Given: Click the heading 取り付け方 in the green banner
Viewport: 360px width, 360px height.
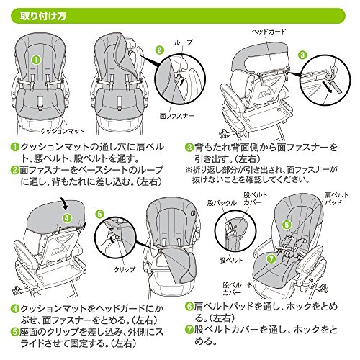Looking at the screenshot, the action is [42, 17].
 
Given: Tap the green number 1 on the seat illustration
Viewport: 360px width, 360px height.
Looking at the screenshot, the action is [36, 60].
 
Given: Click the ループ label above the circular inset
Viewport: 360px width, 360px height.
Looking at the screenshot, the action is [183, 42].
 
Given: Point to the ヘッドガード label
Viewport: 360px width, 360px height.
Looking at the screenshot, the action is [269, 32].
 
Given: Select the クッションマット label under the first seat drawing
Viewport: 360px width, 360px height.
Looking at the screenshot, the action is [62, 131].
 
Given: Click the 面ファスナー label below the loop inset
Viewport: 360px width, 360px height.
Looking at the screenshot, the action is [177, 116].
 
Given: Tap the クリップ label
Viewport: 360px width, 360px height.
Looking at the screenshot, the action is [125, 269].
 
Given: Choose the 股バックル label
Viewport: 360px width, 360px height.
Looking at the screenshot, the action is [222, 203].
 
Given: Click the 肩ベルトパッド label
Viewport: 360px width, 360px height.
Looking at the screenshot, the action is [336, 199].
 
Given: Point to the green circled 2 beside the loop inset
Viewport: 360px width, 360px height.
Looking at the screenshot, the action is [160, 50].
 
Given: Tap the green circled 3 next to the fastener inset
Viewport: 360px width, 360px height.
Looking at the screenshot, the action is [302, 55].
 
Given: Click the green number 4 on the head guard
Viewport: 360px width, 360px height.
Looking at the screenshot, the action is [67, 218].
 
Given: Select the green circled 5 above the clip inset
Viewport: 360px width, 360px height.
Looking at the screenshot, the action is [99, 214].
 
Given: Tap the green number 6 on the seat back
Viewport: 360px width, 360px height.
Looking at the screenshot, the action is [287, 225].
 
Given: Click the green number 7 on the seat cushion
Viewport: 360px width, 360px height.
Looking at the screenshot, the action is [271, 259].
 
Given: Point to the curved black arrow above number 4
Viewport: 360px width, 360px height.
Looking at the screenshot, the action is [64, 203].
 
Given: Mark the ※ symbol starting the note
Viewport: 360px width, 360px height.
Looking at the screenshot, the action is [189, 170].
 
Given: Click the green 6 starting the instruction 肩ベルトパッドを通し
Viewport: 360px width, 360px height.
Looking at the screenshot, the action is [189, 307].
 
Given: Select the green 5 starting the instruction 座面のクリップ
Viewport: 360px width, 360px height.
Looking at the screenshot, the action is [15, 332].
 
